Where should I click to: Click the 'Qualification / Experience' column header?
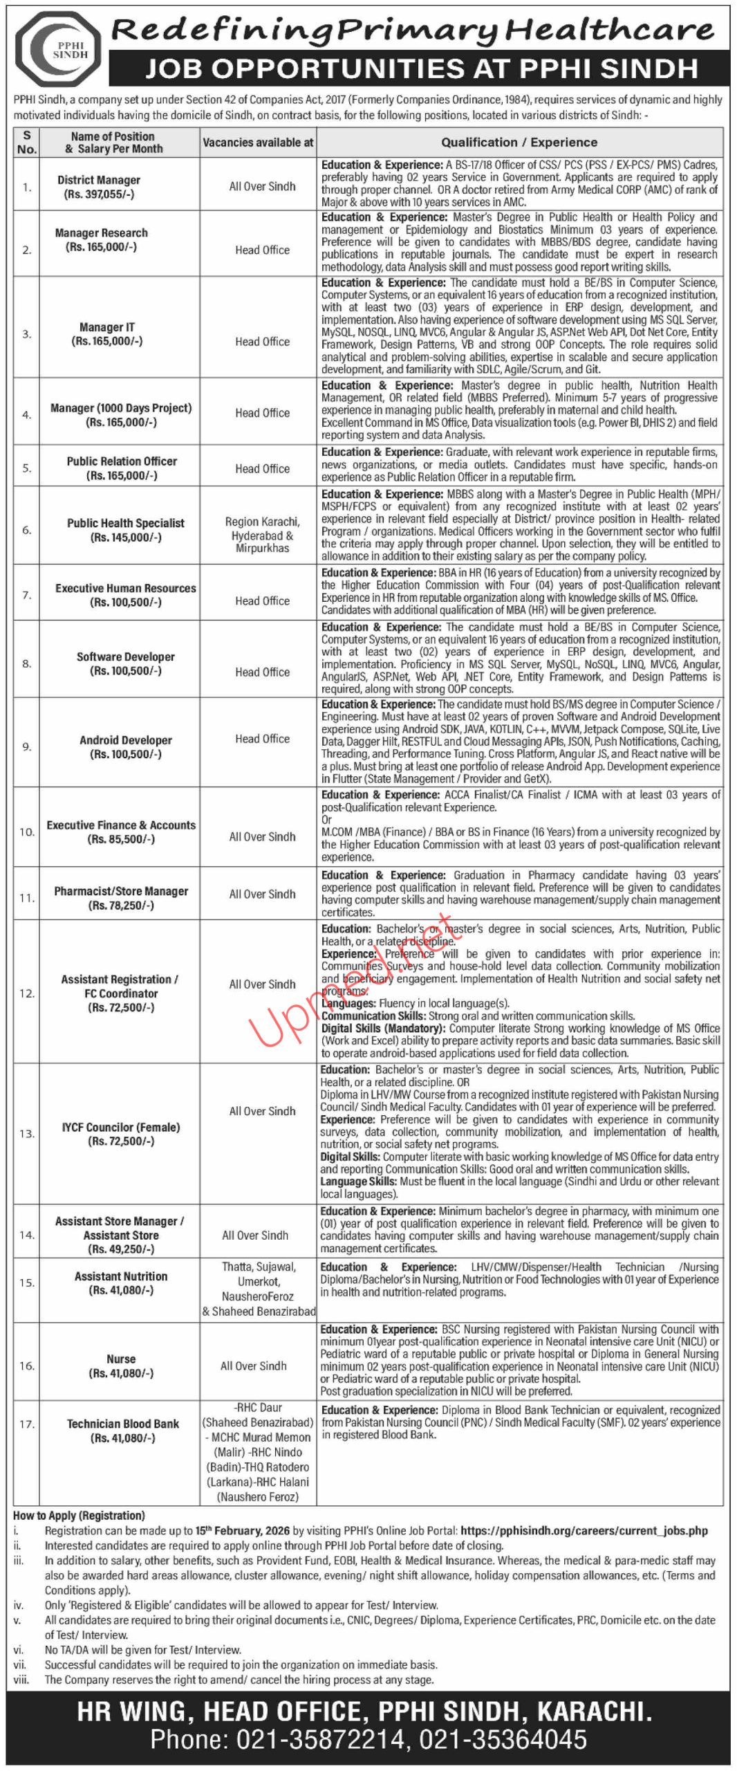(x=519, y=143)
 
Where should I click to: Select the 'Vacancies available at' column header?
(x=258, y=143)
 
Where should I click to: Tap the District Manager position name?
(x=99, y=180)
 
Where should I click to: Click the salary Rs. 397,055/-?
(x=100, y=194)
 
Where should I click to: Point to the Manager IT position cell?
(x=107, y=334)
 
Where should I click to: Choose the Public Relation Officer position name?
(x=122, y=461)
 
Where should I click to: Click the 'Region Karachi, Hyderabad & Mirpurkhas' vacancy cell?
(x=262, y=535)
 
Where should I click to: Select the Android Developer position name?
(x=126, y=740)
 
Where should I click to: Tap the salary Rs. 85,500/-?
(x=121, y=839)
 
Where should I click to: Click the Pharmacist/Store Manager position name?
(x=121, y=891)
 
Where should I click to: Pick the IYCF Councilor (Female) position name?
(x=121, y=1127)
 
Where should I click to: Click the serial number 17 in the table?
(x=27, y=1424)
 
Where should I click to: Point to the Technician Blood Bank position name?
(x=123, y=1423)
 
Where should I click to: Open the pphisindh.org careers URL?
(x=584, y=1530)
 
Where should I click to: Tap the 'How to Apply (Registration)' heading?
(x=79, y=1515)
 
